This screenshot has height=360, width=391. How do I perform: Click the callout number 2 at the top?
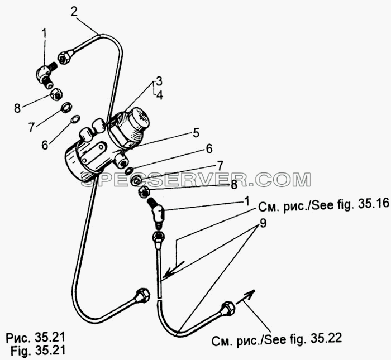point(74,12)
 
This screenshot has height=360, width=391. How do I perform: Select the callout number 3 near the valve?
point(159,81)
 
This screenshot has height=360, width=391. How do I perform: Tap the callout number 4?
point(159,95)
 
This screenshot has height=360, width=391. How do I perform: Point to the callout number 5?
point(196,133)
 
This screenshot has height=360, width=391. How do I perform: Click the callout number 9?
point(263,223)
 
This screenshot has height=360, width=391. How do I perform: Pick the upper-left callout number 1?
point(44,33)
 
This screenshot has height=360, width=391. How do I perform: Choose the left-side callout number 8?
point(17,108)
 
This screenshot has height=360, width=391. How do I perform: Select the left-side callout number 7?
point(31,127)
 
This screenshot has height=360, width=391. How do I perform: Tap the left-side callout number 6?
point(45,145)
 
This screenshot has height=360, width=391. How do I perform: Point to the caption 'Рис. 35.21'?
point(35,338)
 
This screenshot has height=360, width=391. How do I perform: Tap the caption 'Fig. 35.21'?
point(38,351)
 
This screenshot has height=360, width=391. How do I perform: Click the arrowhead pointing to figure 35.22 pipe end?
point(250,293)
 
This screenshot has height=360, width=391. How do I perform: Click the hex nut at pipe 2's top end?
point(65,57)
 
